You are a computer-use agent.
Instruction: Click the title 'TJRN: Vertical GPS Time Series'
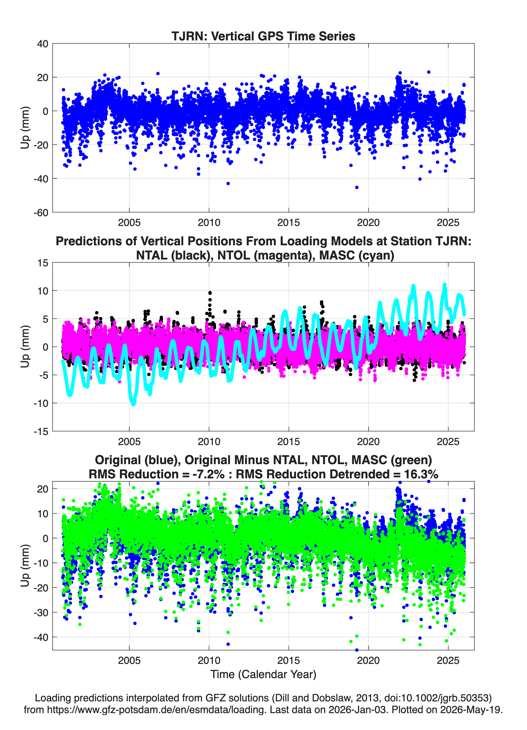click(x=263, y=36)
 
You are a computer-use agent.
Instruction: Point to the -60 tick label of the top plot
click(x=41, y=212)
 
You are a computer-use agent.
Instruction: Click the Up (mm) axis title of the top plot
click(x=25, y=128)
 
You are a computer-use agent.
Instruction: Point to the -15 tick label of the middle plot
click(x=41, y=431)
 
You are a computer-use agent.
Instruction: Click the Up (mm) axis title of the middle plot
click(x=25, y=347)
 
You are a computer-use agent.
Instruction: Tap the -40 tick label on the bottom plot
click(x=41, y=638)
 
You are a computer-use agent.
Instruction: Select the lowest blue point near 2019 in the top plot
click(x=357, y=187)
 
